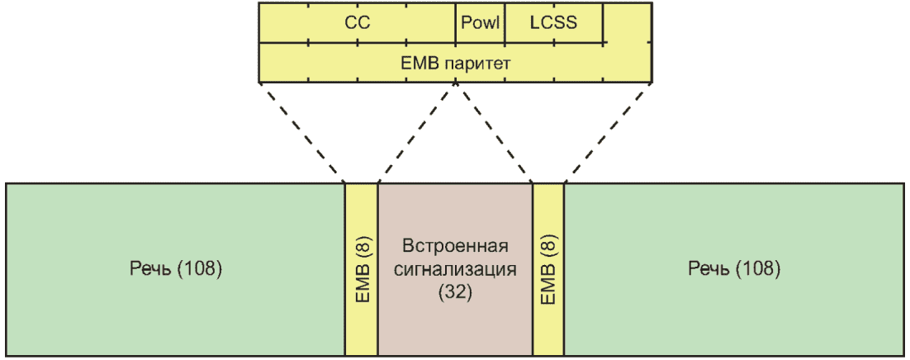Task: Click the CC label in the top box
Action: [x=357, y=23]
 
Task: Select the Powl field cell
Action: [x=480, y=23]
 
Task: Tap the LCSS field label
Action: [x=552, y=23]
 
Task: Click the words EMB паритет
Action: [x=455, y=63]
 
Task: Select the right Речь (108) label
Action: [x=734, y=269]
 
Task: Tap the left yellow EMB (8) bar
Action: [x=362, y=269]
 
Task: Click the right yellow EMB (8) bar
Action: [x=548, y=269]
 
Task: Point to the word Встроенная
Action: [x=455, y=248]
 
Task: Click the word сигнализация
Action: [x=455, y=269]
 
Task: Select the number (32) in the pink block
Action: [x=455, y=291]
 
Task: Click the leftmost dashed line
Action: [x=301, y=132]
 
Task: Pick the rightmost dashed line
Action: [x=608, y=132]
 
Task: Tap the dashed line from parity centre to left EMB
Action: [x=417, y=132]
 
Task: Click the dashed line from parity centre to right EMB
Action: [x=494, y=132]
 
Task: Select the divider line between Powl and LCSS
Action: [x=505, y=23]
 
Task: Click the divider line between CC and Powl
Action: [x=456, y=23]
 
